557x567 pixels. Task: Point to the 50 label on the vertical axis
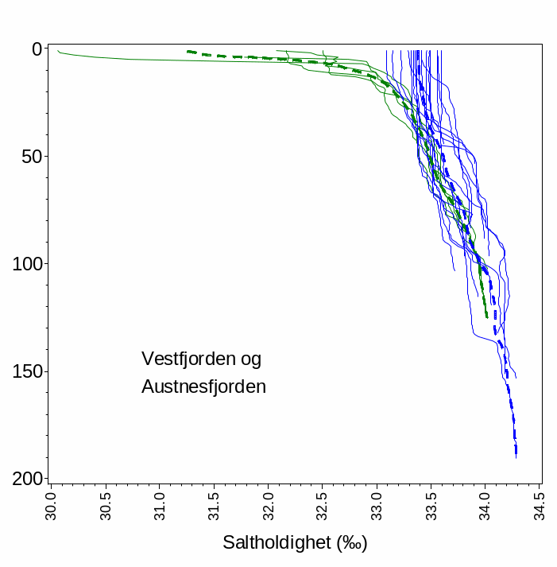30,157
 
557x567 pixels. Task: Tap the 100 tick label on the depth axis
26,264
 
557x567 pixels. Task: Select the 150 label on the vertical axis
26,371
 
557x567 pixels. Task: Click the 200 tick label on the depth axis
26,479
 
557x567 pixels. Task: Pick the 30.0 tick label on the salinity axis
51,503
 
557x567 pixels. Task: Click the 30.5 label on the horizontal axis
106,503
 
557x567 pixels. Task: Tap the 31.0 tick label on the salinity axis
160,503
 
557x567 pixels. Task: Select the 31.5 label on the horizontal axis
215,503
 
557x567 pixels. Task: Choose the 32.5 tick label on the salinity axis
323,503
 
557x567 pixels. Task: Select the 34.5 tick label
541,503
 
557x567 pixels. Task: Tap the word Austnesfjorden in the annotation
203,387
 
